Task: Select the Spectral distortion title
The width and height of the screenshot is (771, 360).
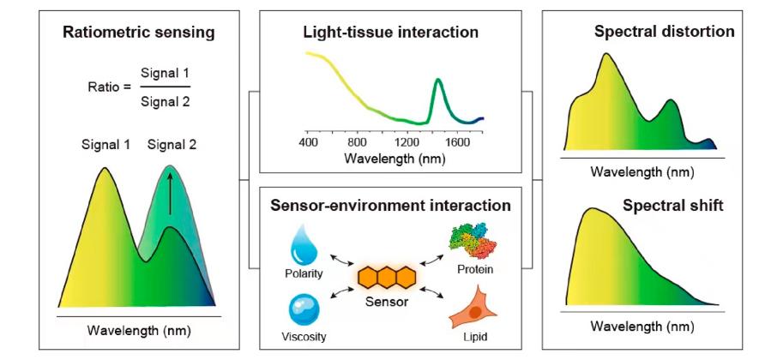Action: (664, 33)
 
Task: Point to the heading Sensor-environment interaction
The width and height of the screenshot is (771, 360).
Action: (390, 206)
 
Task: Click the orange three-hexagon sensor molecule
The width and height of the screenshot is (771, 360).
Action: (387, 278)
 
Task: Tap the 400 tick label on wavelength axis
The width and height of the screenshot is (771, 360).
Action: (308, 141)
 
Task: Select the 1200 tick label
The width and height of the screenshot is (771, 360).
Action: (407, 141)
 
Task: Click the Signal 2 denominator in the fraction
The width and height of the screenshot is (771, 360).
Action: (164, 100)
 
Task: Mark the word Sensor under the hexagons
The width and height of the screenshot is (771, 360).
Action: (387, 303)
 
